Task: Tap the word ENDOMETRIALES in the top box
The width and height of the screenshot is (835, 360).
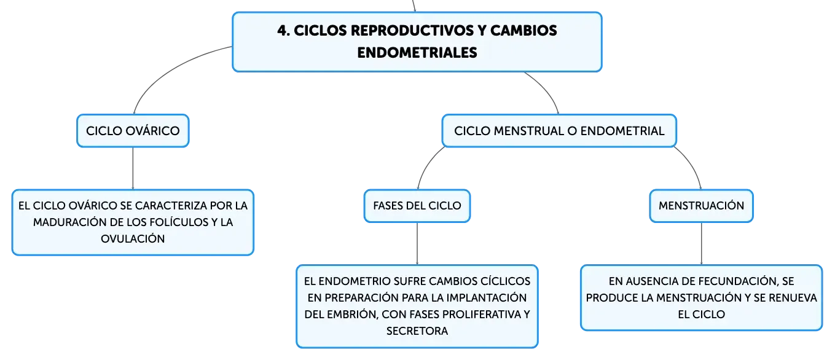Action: tap(417, 53)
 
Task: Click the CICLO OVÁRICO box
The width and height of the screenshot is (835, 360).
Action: tap(133, 131)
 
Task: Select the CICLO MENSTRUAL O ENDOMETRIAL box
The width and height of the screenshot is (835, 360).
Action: tap(559, 131)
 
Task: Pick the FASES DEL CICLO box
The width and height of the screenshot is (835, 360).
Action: tap(417, 206)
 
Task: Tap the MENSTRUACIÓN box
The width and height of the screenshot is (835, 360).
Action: tap(701, 206)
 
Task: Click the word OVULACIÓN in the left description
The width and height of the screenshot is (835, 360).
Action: tap(133, 238)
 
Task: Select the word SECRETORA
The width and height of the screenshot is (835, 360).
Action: tap(417, 331)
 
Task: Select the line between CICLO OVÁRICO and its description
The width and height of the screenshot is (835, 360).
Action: tap(133, 168)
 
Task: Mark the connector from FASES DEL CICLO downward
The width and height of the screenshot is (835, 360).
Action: tap(417, 244)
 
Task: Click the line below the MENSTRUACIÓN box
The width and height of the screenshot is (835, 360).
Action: tap(702, 244)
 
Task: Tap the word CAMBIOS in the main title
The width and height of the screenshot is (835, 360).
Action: tap(523, 31)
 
